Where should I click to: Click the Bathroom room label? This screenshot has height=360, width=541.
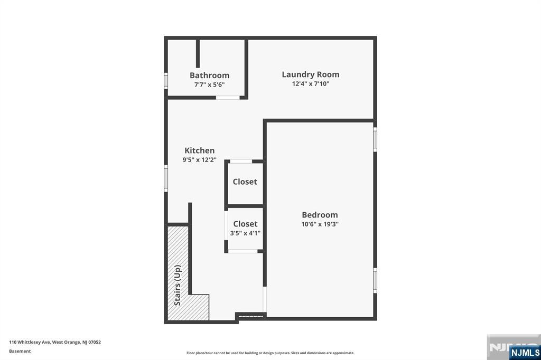pyautogui.click(x=209, y=75)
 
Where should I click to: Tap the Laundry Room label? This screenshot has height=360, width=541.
pyautogui.click(x=310, y=74)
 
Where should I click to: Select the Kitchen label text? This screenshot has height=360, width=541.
pyautogui.click(x=199, y=150)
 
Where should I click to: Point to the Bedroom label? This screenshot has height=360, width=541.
pyautogui.click(x=320, y=215)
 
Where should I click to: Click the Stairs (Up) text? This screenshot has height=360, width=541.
pyautogui.click(x=178, y=285)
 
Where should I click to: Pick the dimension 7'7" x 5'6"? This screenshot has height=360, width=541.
pyautogui.click(x=209, y=84)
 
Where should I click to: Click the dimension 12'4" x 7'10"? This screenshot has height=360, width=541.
pyautogui.click(x=310, y=83)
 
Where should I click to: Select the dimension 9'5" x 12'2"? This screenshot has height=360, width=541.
pyautogui.click(x=199, y=159)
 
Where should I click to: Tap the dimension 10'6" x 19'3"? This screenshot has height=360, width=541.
pyautogui.click(x=320, y=224)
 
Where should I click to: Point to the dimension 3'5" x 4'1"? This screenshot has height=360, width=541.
pyautogui.click(x=245, y=233)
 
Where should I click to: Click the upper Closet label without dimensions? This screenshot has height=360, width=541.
pyautogui.click(x=245, y=182)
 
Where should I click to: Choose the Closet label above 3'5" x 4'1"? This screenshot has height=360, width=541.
pyautogui.click(x=245, y=224)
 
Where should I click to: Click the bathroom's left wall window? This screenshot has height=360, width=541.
pyautogui.click(x=166, y=81)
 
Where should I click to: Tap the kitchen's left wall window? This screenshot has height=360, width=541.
pyautogui.click(x=166, y=178)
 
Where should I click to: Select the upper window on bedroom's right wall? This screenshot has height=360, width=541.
pyautogui.click(x=375, y=139)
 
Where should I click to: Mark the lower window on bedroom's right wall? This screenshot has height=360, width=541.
pyautogui.click(x=375, y=280)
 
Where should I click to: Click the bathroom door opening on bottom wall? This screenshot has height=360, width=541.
pyautogui.click(x=228, y=98)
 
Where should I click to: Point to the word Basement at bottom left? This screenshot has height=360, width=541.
pyautogui.click(x=20, y=351)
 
